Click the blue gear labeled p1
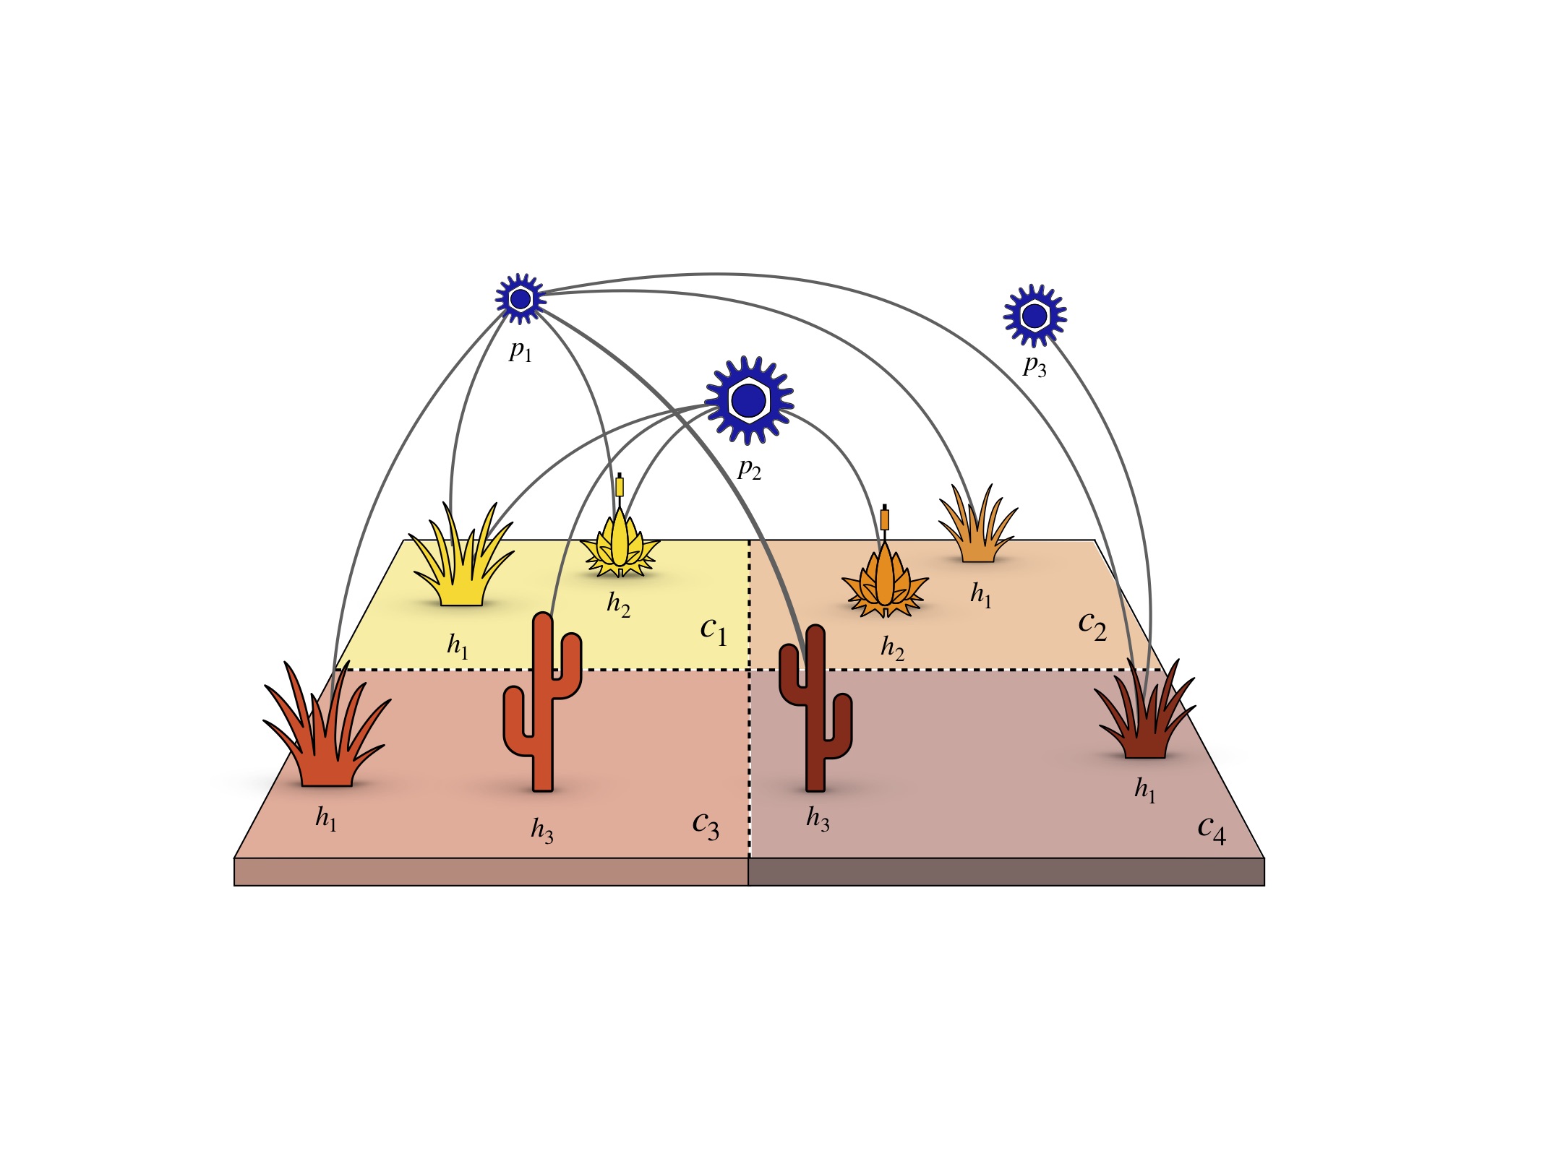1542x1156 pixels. (520, 298)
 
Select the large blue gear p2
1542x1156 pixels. (748, 400)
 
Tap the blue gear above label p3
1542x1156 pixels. (1035, 316)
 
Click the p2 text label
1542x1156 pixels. (749, 470)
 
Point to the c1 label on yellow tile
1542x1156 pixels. (713, 630)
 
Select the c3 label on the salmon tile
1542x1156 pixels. (706, 824)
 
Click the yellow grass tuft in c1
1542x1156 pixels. (461, 564)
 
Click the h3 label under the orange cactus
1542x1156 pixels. (542, 830)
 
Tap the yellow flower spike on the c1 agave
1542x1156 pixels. (620, 486)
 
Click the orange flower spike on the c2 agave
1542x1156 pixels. (885, 519)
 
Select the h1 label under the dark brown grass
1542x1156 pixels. (1145, 790)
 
